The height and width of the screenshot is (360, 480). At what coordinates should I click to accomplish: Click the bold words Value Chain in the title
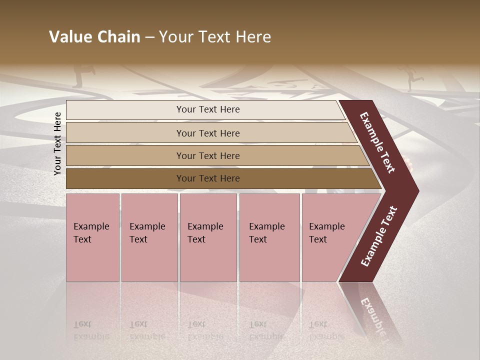point(94,37)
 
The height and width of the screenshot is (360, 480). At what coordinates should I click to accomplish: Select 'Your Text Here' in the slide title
point(215,37)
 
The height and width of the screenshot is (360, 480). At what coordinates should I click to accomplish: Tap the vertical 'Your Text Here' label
point(57,143)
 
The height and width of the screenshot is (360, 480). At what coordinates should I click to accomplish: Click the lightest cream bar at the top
point(207,109)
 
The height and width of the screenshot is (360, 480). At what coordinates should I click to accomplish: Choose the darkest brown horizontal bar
point(207,178)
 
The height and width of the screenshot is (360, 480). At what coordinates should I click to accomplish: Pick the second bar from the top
point(207,133)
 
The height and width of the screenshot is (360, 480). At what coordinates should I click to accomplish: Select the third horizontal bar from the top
point(207,155)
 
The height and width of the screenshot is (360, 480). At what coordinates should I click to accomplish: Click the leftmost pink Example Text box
point(92,237)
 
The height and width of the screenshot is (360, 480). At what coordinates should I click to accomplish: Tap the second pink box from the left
point(149,237)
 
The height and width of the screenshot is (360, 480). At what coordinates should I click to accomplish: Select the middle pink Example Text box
point(208,237)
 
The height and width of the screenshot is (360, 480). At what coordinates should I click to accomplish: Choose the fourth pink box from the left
point(269,237)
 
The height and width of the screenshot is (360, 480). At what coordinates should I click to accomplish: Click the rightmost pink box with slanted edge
point(330,237)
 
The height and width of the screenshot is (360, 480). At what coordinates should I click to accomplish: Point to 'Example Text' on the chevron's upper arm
point(377,142)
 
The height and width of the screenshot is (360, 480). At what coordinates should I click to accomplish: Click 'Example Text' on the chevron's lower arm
point(378,236)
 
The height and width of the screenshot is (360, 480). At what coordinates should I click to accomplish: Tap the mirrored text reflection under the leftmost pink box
point(91,330)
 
